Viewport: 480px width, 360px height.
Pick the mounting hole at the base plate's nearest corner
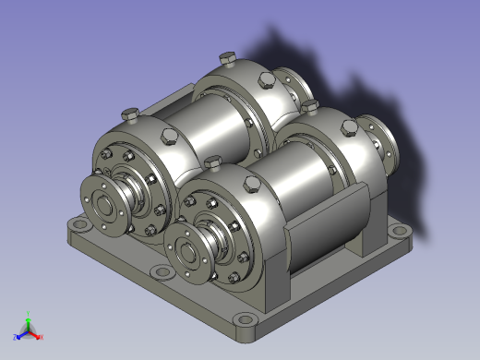point(243,321)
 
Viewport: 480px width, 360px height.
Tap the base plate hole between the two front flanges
point(162,272)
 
